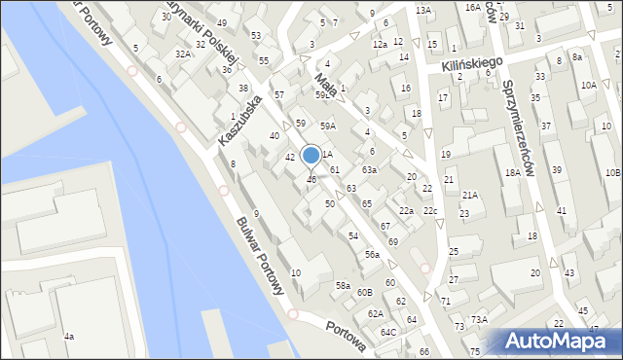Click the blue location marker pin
pyautogui.click(x=311, y=157)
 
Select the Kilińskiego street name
pyautogui.click(x=470, y=63)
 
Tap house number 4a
pyautogui.click(x=69, y=336)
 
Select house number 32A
pyautogui.click(x=183, y=54)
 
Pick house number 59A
pyautogui.click(x=328, y=126)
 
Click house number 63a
pyautogui.click(x=370, y=169)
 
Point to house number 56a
pyautogui.click(x=372, y=254)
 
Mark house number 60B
pyautogui.click(x=364, y=292)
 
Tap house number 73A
pyautogui.click(x=479, y=319)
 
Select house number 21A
pyautogui.click(x=470, y=195)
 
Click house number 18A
pyautogui.click(x=512, y=172)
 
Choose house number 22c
pyautogui.click(x=429, y=211)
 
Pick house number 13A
pyautogui.click(x=422, y=10)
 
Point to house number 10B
pyautogui.click(x=611, y=172)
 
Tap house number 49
pyautogui.click(x=222, y=22)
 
